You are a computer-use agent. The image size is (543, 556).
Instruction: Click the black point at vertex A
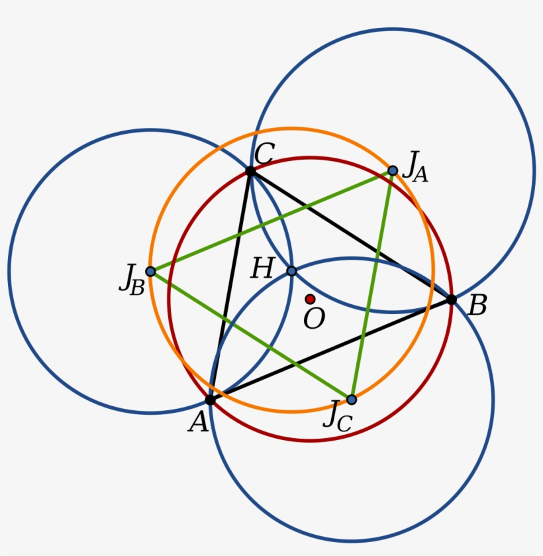210,400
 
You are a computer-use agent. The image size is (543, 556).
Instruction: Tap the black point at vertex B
451,300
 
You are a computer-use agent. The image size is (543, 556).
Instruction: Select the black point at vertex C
250,172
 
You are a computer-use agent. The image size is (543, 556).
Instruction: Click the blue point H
291,271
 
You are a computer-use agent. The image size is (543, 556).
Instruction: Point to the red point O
310,300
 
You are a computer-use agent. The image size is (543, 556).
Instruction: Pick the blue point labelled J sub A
393,171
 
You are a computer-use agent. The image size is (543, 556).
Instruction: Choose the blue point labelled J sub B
150,272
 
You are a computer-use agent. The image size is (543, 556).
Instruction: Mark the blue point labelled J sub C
351,400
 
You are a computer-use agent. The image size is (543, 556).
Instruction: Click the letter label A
198,422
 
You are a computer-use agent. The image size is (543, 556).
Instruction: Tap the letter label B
477,306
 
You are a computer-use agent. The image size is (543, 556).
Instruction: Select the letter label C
264,154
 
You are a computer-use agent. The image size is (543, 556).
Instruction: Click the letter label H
263,268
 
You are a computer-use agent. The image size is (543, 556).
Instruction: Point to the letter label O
314,318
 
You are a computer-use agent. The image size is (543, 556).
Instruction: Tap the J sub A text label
416,166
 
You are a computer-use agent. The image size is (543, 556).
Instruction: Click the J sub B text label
132,280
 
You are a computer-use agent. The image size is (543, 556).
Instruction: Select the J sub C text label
338,417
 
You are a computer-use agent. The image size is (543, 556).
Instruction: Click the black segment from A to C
230,286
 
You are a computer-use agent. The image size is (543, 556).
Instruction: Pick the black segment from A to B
330,350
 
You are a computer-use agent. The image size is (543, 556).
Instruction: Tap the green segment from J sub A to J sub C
371,286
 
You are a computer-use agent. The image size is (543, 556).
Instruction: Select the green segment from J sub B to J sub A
271,221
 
